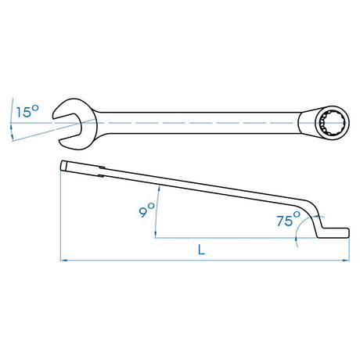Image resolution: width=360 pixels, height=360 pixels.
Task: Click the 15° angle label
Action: [x=27, y=111]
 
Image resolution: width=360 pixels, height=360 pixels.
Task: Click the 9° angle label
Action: [x=146, y=210]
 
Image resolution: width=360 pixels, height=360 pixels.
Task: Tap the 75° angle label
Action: [x=288, y=219]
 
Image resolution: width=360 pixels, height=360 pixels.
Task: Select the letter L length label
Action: [x=201, y=250]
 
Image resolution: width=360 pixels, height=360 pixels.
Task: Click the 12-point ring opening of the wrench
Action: [x=332, y=123]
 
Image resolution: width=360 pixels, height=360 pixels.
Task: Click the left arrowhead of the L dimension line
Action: [x=64, y=260]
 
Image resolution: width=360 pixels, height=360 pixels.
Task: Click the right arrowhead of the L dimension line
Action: [x=346, y=260]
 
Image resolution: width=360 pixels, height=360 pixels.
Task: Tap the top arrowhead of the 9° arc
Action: [x=159, y=189]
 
